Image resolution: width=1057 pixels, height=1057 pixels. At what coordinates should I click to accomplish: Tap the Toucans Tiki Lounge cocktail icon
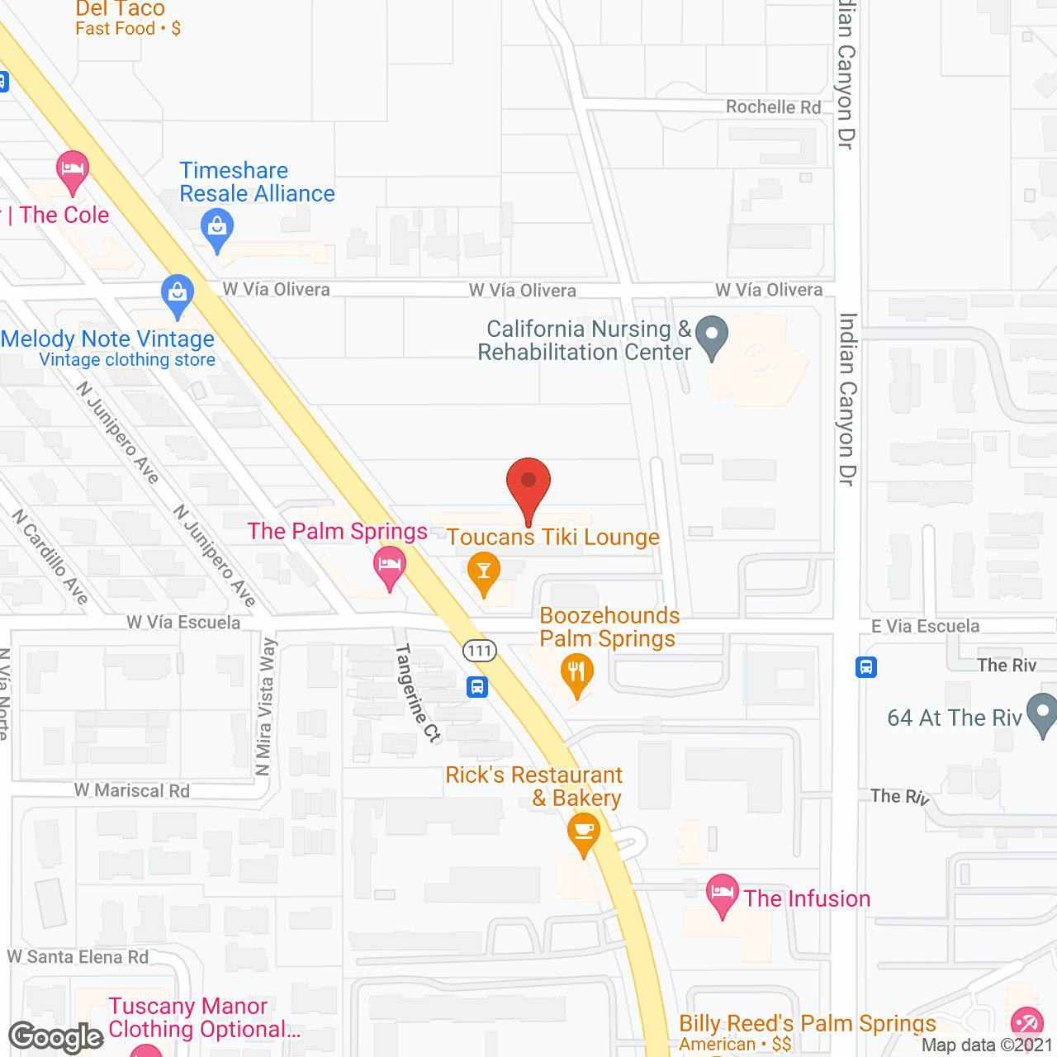[484, 572]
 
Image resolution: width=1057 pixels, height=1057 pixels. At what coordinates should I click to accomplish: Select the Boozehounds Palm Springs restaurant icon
[576, 673]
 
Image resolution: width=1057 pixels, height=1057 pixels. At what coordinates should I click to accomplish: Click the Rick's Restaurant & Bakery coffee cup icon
[584, 832]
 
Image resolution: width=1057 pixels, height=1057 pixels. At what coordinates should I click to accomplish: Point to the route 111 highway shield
[479, 651]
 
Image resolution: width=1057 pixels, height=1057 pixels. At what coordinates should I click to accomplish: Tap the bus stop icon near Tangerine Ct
[477, 686]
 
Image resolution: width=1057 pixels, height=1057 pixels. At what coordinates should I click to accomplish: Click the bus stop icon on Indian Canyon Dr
[865, 666]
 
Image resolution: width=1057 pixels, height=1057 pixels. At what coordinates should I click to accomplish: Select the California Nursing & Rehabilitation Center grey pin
[711, 337]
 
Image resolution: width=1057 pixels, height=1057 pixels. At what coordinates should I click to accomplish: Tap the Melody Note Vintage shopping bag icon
[177, 294]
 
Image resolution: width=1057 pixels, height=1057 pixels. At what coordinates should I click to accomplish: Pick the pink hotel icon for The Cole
[73, 170]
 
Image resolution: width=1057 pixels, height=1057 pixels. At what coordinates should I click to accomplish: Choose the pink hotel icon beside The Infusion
[723, 894]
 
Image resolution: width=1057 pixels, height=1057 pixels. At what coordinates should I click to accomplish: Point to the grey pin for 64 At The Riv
[1042, 714]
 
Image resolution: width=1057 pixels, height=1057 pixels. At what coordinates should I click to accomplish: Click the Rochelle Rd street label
[773, 107]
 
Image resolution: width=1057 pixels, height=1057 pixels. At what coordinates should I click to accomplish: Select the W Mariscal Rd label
[132, 790]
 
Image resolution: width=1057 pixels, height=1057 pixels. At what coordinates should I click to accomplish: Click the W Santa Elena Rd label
[78, 956]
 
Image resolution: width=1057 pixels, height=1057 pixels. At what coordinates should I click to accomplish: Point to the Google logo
[56, 1037]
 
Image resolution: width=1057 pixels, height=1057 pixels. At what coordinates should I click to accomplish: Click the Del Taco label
[121, 9]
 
